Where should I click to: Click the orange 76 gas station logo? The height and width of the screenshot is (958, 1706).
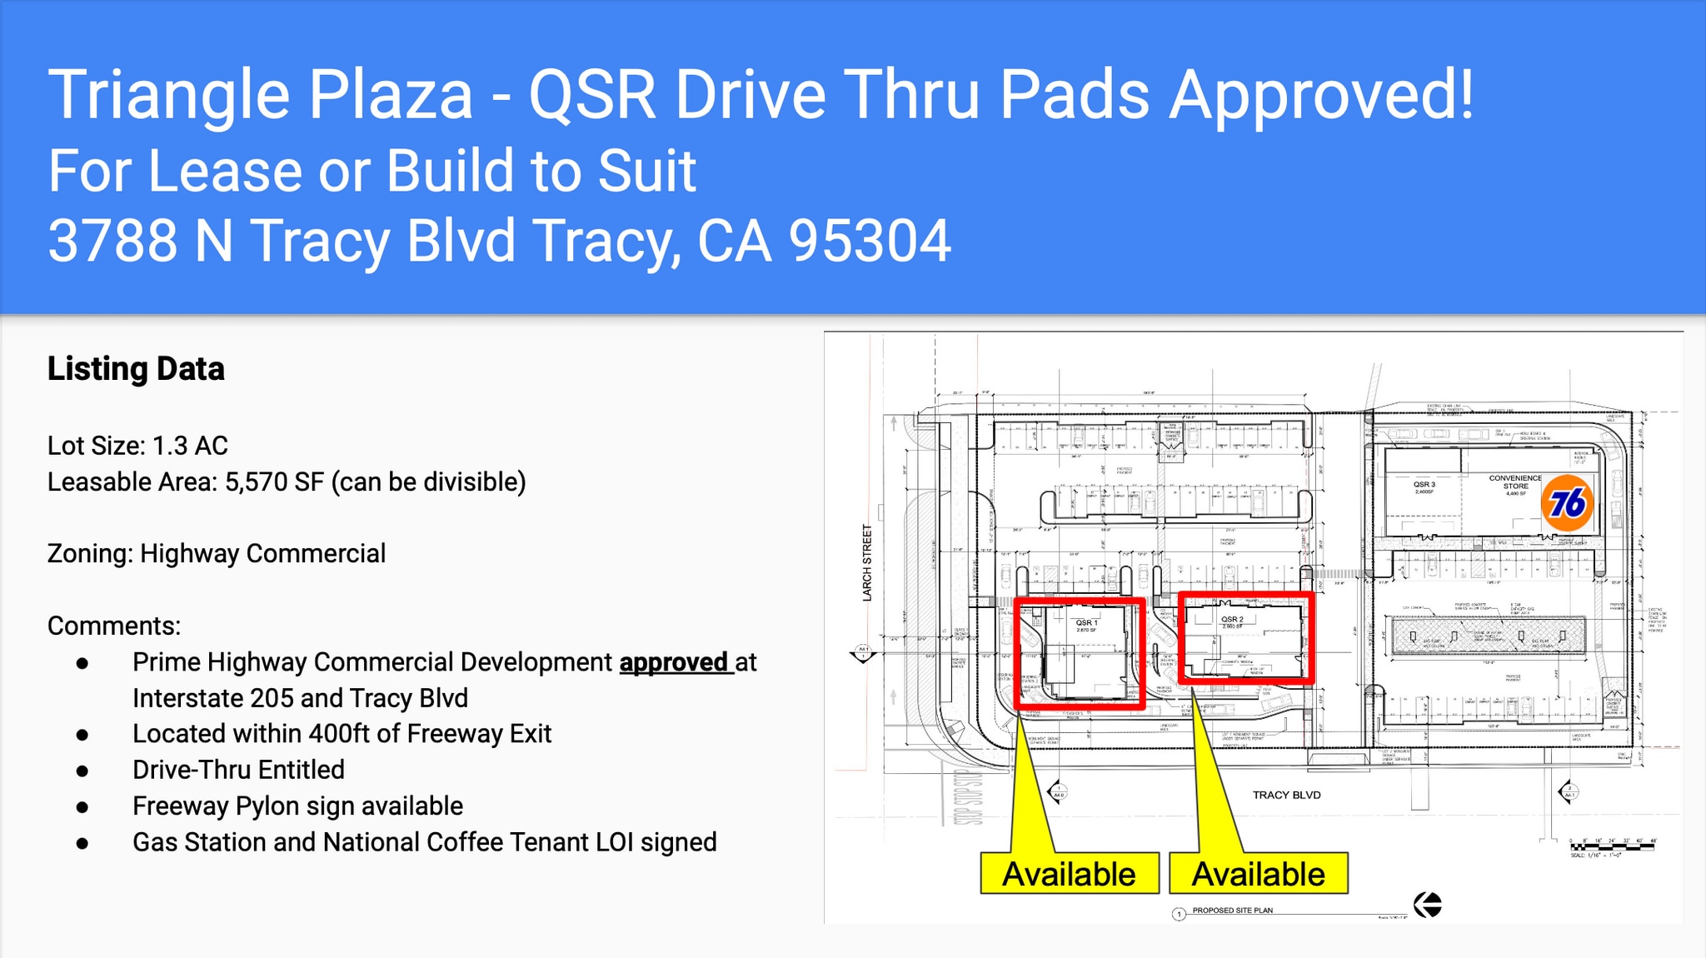pos(1567,503)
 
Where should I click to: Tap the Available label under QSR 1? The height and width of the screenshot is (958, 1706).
pos(1069,874)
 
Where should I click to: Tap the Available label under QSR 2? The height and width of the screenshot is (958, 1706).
pos(1258,874)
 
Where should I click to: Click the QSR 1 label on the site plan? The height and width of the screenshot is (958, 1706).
pos(1086,623)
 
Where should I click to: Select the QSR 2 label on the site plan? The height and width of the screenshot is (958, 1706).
pos(1232,620)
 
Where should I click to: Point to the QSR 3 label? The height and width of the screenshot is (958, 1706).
pos(1424,485)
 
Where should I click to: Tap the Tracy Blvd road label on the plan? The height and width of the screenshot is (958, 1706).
pos(1286,795)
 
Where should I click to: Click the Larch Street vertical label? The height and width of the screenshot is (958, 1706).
pos(867,562)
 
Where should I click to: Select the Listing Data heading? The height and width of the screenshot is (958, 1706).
pos(136,369)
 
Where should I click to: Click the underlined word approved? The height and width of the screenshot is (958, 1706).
pos(674,662)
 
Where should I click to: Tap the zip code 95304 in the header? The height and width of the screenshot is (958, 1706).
pos(869,242)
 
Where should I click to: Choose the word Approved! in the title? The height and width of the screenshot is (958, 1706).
pos(1321,95)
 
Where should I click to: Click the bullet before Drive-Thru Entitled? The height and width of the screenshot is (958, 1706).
pos(82,771)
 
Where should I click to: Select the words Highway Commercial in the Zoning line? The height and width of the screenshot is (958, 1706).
pos(262,554)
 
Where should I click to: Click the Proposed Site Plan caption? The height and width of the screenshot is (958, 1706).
pos(1232,911)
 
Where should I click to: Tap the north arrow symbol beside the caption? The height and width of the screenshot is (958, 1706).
pos(1428,905)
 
